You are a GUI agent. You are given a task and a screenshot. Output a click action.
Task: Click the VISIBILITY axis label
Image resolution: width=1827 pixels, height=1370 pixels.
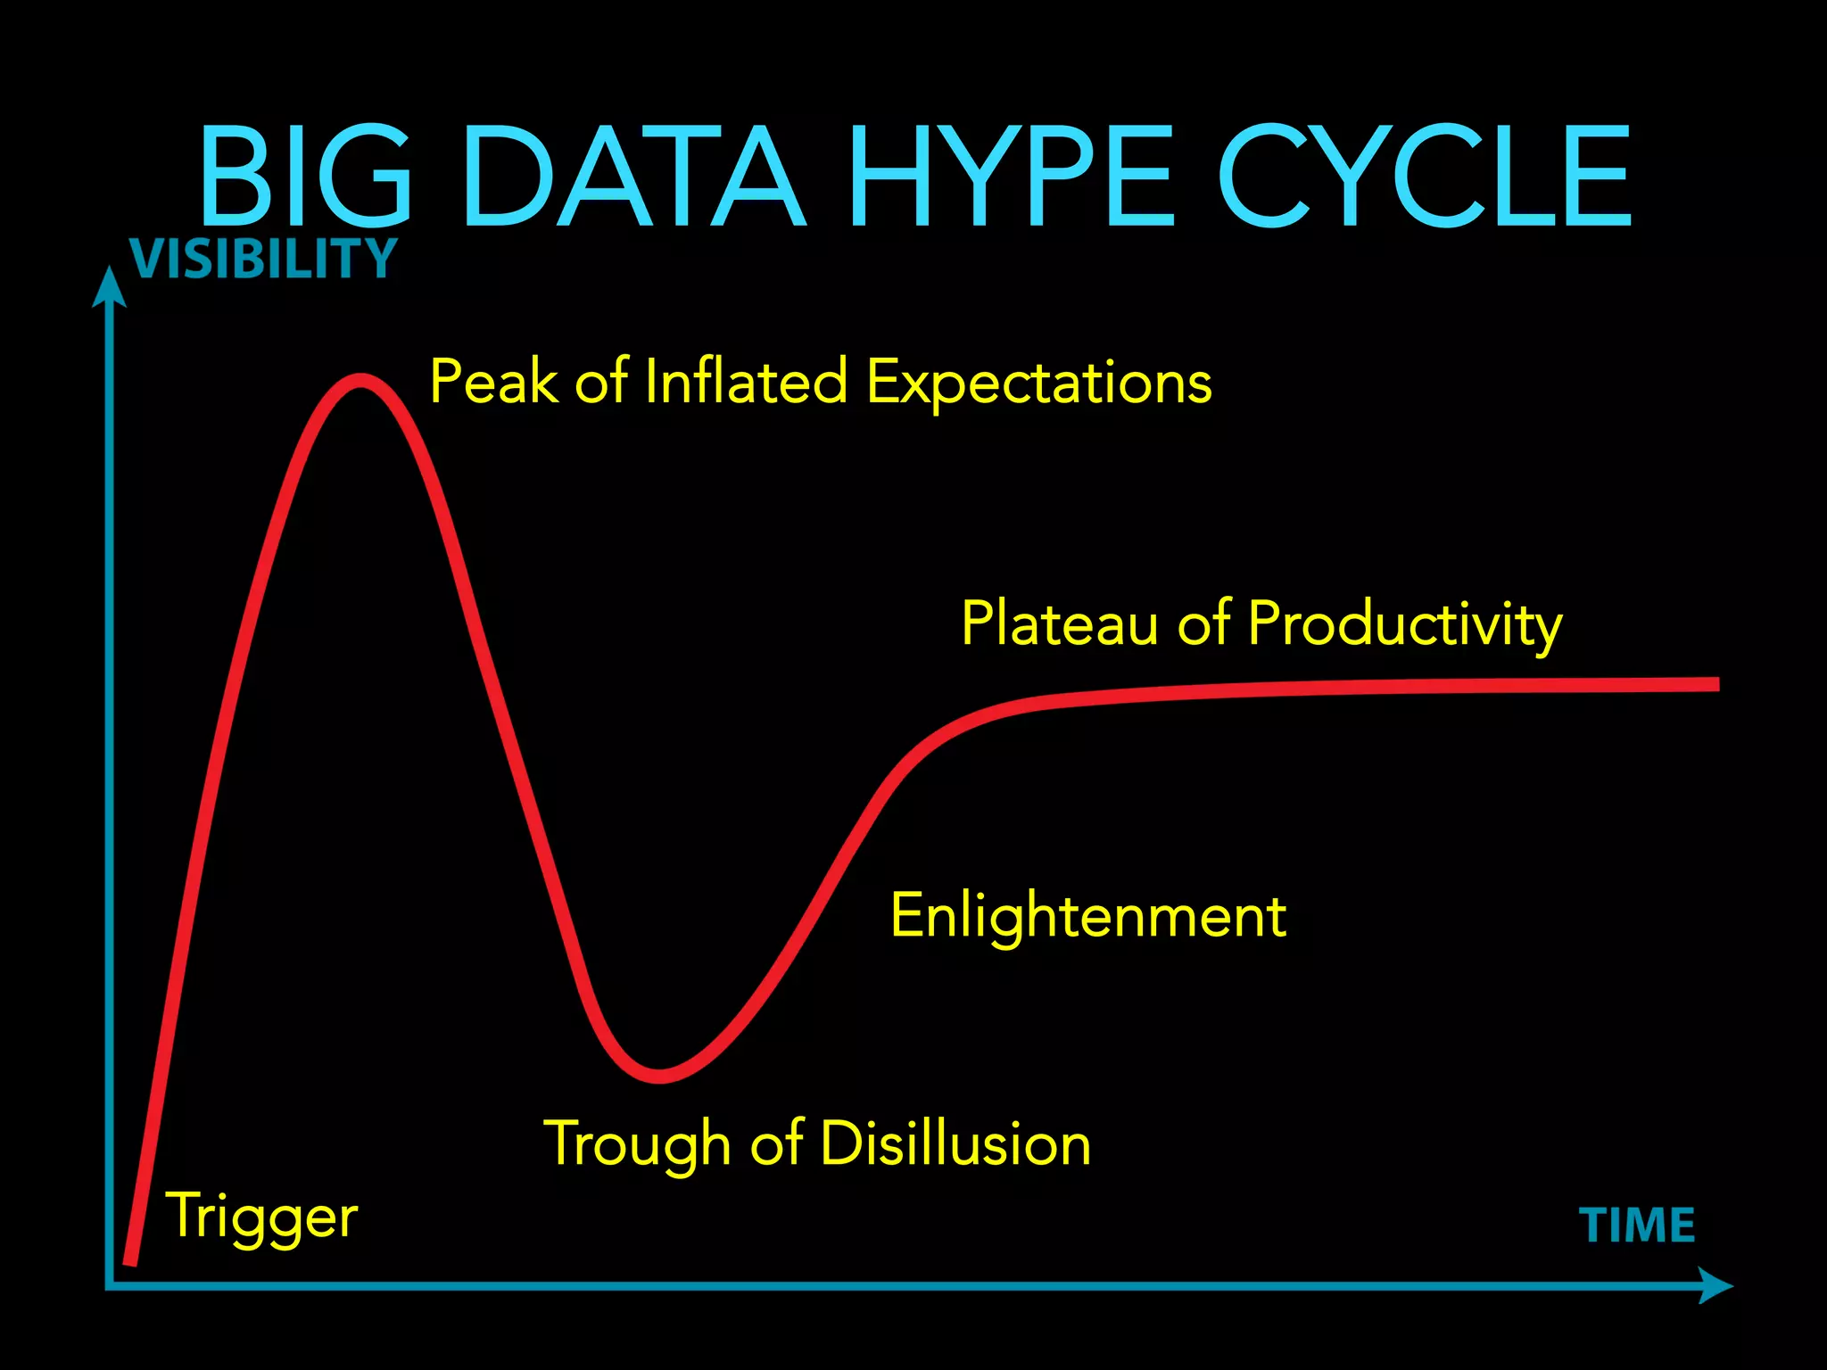pyautogui.click(x=263, y=259)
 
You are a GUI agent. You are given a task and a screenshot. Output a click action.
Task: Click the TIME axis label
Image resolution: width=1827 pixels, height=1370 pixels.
pyautogui.click(x=1637, y=1225)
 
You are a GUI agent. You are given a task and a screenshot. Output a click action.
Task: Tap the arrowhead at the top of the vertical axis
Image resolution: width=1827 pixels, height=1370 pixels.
pyautogui.click(x=109, y=287)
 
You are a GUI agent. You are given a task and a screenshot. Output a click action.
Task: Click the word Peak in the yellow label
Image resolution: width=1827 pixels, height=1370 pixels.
pyautogui.click(x=495, y=382)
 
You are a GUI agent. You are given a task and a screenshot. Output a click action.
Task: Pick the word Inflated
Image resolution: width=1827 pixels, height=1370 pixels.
pyautogui.click(x=745, y=382)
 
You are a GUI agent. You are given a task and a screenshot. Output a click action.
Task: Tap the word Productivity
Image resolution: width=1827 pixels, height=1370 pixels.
pyautogui.click(x=1405, y=624)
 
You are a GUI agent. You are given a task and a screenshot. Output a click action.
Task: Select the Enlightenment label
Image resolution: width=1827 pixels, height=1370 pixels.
pyautogui.click(x=1088, y=917)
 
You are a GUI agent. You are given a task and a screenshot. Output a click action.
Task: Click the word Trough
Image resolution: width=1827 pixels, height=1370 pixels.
pyautogui.click(x=637, y=1144)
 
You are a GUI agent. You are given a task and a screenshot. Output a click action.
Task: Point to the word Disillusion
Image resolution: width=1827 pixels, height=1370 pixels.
pyautogui.click(x=955, y=1143)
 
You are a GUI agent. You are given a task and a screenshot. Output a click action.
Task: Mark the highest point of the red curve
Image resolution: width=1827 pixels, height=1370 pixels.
pyautogui.click(x=360, y=381)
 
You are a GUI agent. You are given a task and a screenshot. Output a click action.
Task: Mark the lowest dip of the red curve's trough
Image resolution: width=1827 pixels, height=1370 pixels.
pyautogui.click(x=659, y=1076)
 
